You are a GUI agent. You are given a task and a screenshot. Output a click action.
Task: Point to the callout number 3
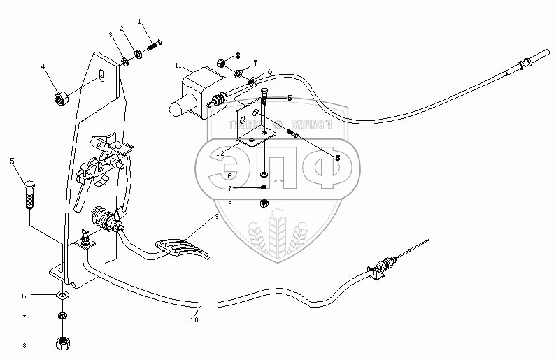pyautogui.click(x=110, y=34)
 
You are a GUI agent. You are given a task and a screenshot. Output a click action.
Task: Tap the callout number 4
pyautogui.click(x=43, y=66)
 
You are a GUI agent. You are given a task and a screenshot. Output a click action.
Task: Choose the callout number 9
pyautogui.click(x=217, y=217)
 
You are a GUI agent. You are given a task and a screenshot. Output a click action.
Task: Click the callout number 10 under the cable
pyautogui.click(x=194, y=320)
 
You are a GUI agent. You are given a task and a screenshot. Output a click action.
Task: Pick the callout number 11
pyautogui.click(x=178, y=66)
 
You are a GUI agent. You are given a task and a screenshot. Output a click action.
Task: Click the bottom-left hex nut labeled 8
pyautogui.click(x=63, y=344)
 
